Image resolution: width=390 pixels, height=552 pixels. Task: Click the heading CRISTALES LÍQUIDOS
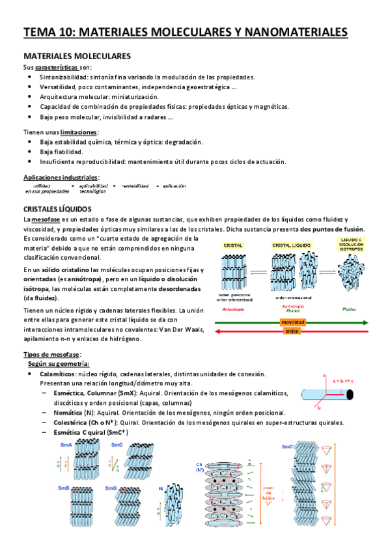point(57,209)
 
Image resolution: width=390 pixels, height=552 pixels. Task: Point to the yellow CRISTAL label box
point(233,245)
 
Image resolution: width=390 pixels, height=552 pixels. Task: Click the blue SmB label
point(64,488)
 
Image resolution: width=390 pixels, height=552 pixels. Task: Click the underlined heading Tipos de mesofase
point(51,353)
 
